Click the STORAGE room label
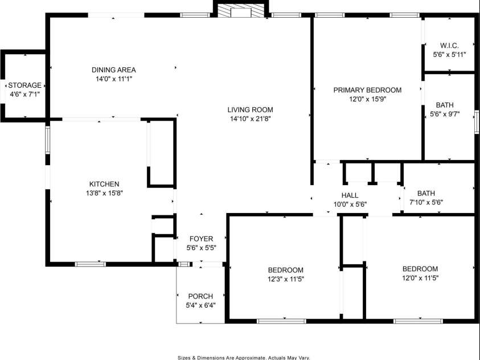point(24,85)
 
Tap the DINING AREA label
point(114,70)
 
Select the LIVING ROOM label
point(251,110)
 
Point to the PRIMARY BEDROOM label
point(367,90)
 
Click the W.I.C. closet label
point(449,46)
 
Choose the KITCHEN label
point(104,184)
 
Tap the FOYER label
point(201,239)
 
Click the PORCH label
point(200,296)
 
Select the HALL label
point(350,195)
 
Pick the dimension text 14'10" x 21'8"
point(251,119)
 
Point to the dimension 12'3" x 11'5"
point(286,279)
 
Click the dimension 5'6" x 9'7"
point(445,114)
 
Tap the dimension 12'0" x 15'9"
point(367,99)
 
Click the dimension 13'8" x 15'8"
point(104,193)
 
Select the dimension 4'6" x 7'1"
point(24,94)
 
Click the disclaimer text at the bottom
point(244,357)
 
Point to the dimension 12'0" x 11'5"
point(420,279)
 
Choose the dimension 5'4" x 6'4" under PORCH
point(200,305)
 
